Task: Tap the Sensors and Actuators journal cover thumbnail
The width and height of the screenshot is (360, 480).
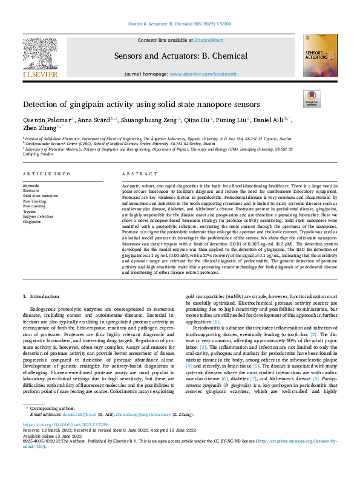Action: pyautogui.click(x=320, y=54)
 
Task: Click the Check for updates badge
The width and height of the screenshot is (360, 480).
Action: pyautogui.click(x=311, y=99)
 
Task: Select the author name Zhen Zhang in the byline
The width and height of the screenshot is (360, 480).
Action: pyautogui.click(x=39, y=128)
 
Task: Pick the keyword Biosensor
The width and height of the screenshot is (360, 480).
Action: pyautogui.click(x=31, y=190)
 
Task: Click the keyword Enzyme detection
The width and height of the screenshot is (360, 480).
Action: pyautogui.click(x=38, y=216)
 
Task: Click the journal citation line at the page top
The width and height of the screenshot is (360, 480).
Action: pyautogui.click(x=180, y=24)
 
